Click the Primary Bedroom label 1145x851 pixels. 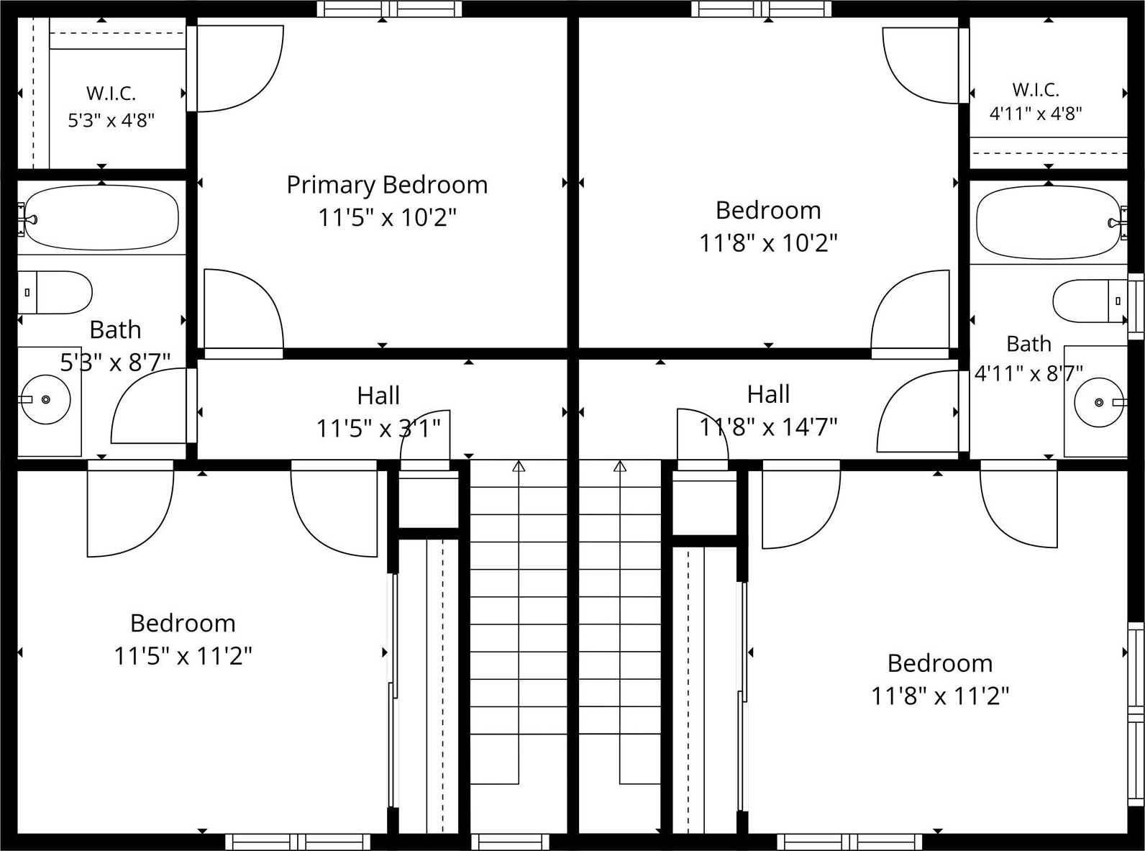click(x=387, y=185)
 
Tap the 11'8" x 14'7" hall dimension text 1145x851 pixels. click(x=768, y=427)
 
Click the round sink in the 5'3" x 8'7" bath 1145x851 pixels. click(x=46, y=399)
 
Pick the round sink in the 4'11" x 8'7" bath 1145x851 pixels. click(x=1099, y=401)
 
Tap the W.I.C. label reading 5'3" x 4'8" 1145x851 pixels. click(x=111, y=107)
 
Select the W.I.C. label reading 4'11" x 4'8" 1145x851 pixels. click(x=1036, y=101)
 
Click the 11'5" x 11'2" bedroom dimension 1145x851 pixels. click(x=183, y=656)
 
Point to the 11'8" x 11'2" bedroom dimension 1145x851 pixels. click(x=940, y=696)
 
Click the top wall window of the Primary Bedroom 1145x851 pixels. click(x=389, y=9)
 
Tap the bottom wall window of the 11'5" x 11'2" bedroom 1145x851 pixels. click(x=298, y=842)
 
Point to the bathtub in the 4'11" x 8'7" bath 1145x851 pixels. click(x=1048, y=223)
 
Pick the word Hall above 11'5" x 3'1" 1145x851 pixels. click(x=378, y=396)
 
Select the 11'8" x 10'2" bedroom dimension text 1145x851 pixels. click(x=768, y=242)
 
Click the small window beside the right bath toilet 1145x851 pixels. click(x=1136, y=306)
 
